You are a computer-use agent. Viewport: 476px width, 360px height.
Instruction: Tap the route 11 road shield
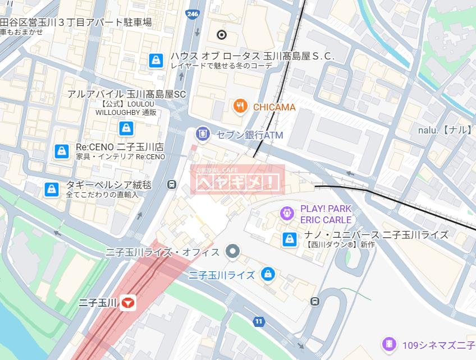[x=258, y=321]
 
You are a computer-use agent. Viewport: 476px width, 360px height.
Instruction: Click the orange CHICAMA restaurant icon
[x=241, y=107]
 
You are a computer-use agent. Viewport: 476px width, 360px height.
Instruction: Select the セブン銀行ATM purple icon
[x=203, y=135]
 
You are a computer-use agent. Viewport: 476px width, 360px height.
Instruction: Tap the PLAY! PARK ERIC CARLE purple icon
[x=287, y=213]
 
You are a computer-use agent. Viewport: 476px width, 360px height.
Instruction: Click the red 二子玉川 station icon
[x=129, y=303]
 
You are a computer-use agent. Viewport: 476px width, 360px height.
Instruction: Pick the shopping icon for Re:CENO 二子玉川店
[x=61, y=151]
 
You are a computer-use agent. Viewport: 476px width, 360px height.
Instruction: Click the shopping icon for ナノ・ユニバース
[x=289, y=239]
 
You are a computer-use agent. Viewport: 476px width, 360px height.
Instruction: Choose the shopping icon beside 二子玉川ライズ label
[x=268, y=275]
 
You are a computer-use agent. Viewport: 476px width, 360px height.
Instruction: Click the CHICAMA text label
[x=274, y=107]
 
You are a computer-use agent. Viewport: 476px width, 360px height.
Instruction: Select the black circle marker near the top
[x=222, y=35]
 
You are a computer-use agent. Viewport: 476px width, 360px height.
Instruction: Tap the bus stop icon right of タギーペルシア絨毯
[x=172, y=184]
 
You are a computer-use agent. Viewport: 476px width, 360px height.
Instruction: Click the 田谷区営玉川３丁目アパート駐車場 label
[x=76, y=22]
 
